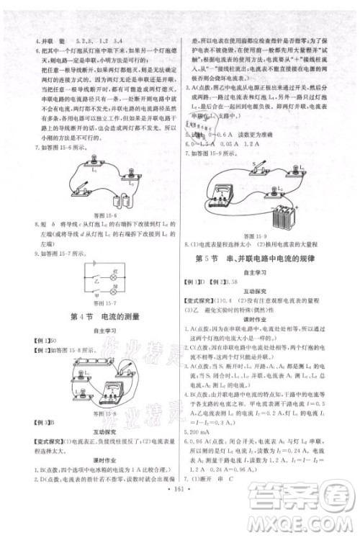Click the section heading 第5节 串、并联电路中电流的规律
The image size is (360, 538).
266,258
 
